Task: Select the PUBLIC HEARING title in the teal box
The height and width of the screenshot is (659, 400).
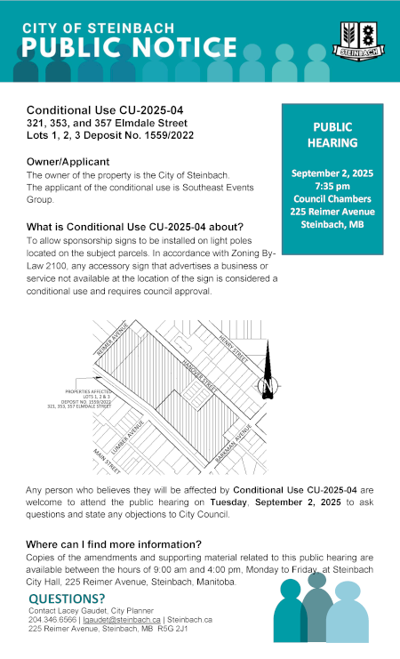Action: [x=332, y=134]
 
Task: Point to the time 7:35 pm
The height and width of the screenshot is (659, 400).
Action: [x=332, y=185]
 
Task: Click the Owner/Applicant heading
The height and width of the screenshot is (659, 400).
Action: [x=68, y=162]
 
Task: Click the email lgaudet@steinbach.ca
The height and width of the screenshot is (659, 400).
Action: [x=117, y=619]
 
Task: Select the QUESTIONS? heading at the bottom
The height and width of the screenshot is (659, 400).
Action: [x=67, y=599]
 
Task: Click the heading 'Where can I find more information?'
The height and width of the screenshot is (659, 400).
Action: [x=114, y=543]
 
